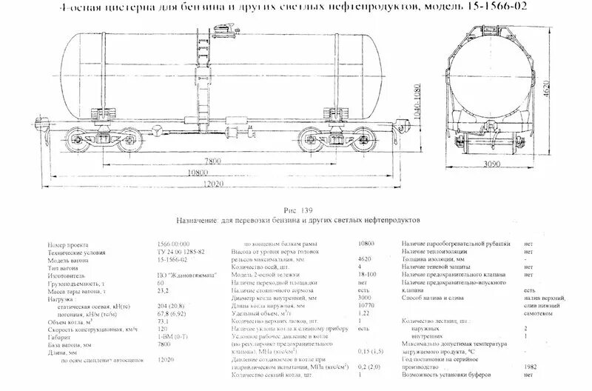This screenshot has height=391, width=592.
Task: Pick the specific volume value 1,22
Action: tap(364, 314)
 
